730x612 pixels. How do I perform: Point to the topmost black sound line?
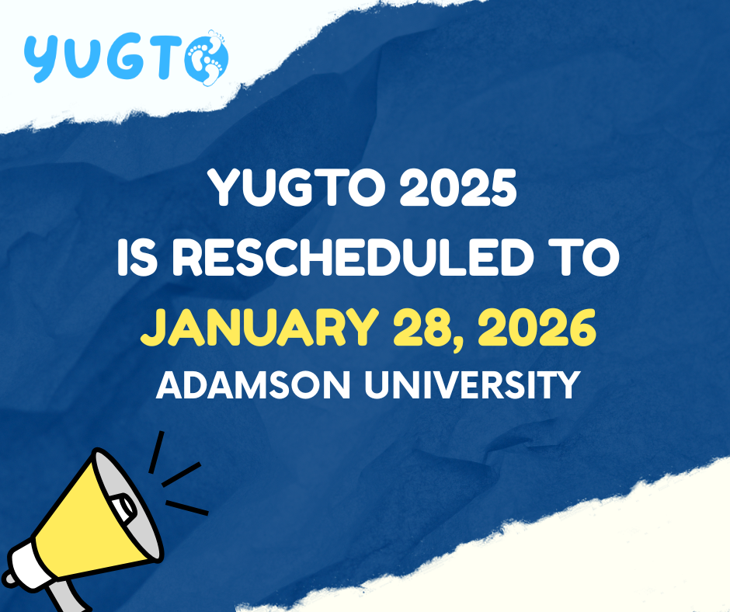[x=156, y=451]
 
